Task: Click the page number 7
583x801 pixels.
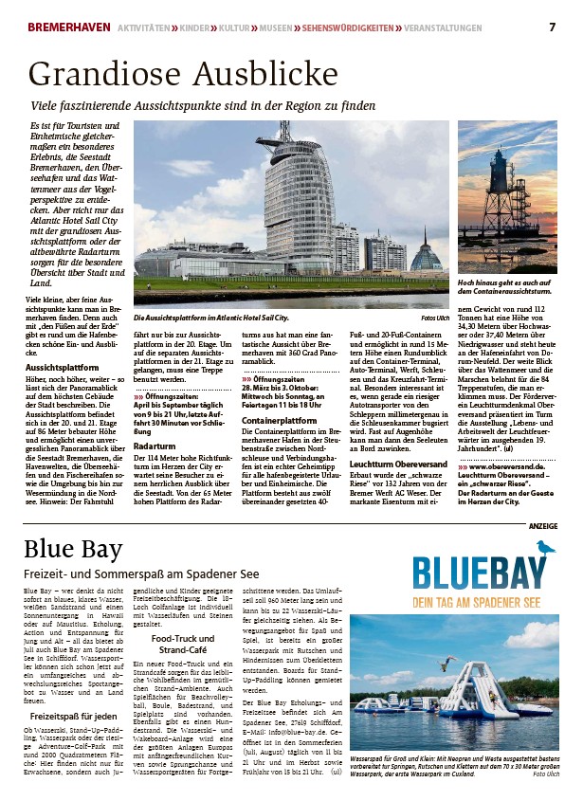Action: coord(552,26)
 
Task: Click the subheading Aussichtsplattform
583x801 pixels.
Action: coord(63,367)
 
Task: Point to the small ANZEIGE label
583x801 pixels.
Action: coord(542,526)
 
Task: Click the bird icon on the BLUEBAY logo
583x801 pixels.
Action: coord(544,547)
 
